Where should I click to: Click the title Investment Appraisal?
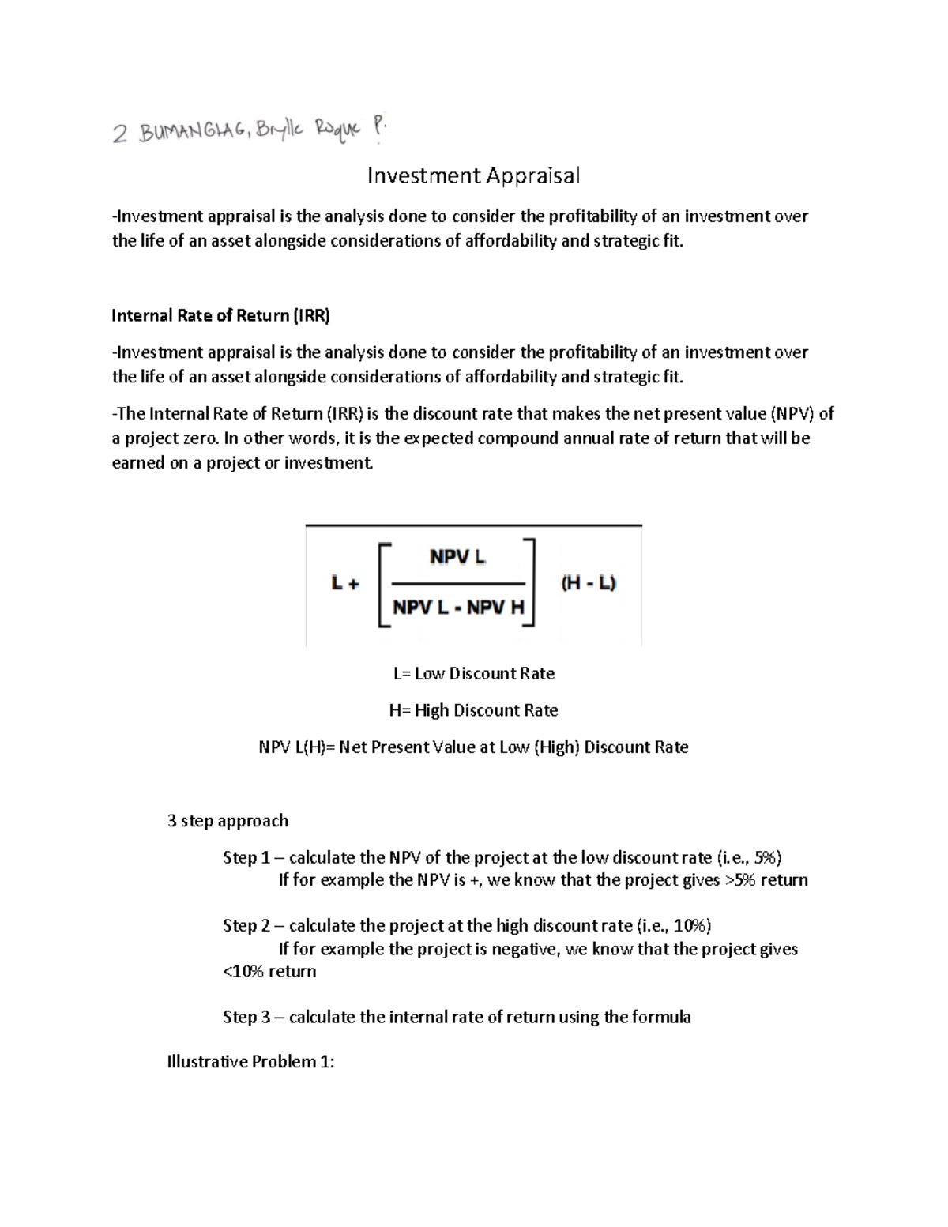[x=473, y=175]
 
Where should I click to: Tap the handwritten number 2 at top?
[x=119, y=134]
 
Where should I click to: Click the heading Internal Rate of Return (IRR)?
[x=220, y=316]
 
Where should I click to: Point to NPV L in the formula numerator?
[x=457, y=557]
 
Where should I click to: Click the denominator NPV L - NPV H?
[x=458, y=608]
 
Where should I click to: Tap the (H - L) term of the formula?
[x=589, y=583]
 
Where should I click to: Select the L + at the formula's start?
[x=345, y=584]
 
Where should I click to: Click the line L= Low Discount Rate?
[x=473, y=674]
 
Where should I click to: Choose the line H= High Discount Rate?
[x=473, y=710]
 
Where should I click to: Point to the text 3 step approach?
[x=228, y=821]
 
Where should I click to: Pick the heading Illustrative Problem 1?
[x=250, y=1062]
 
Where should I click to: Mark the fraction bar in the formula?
[x=458, y=584]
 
